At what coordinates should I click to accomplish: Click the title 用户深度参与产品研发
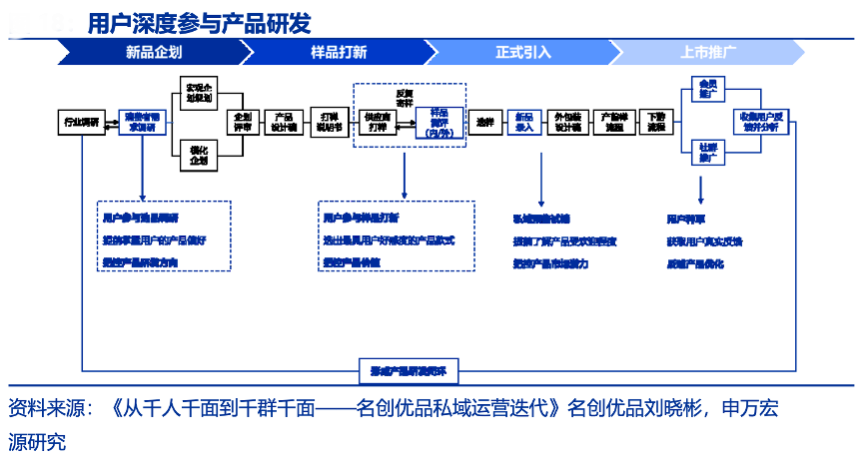pos(198,22)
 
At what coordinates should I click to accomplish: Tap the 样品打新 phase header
pos(339,52)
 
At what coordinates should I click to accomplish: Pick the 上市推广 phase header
pos(708,52)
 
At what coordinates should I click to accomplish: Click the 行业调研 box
pos(81,122)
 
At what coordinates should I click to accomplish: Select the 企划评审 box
pos(243,122)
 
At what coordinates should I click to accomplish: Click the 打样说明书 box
pos(329,122)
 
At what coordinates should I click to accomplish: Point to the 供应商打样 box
pos(379,122)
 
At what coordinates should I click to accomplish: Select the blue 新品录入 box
pos(523,122)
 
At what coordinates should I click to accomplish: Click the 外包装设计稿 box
pos(567,122)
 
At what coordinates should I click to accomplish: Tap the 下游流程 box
pos(655,122)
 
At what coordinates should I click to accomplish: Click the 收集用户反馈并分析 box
pos(767,122)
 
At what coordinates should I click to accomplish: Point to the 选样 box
pos(485,122)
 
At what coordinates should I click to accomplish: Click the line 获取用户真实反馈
pos(704,241)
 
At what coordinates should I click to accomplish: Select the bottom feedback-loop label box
pos(409,371)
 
